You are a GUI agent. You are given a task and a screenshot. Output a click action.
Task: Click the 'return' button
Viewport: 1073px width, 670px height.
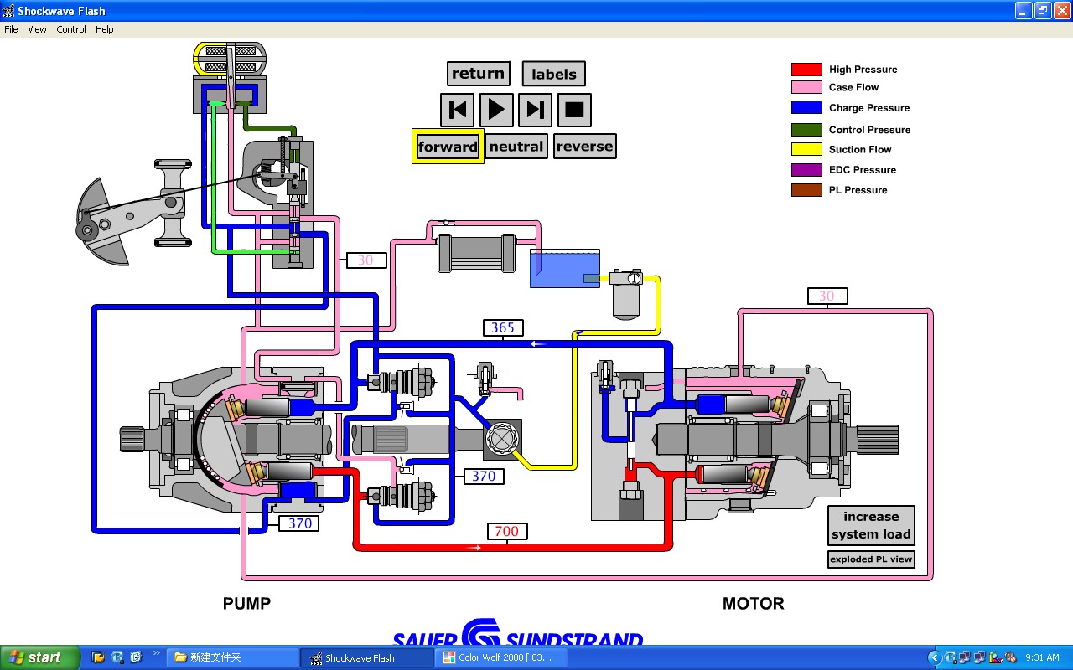tap(478, 74)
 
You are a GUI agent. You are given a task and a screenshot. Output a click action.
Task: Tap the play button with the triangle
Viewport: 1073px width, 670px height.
tap(496, 110)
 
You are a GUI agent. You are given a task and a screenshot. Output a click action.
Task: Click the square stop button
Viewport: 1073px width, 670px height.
tap(574, 110)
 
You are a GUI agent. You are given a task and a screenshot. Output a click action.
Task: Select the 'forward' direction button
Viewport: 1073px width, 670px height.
tap(448, 147)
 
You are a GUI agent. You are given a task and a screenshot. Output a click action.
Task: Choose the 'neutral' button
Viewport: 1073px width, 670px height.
tap(516, 147)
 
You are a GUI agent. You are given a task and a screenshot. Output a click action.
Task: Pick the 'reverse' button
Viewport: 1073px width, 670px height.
tap(584, 147)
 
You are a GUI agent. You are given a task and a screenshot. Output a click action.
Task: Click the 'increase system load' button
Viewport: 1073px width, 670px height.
tap(871, 526)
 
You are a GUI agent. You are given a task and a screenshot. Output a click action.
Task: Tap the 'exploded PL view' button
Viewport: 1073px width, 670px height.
tap(871, 559)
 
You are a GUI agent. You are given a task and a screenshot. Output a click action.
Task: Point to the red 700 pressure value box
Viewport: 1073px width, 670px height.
tap(506, 531)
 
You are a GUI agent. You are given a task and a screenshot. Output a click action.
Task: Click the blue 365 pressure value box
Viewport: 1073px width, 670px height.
tap(503, 327)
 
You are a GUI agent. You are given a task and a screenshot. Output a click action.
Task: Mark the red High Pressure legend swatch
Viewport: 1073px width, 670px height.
tap(806, 70)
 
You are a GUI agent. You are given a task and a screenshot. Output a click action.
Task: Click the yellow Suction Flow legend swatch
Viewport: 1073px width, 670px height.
tap(806, 150)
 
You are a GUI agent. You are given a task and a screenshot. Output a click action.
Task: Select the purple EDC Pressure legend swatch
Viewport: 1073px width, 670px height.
tap(806, 170)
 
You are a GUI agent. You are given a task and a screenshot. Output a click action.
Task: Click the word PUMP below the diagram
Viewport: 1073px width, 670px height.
tap(246, 604)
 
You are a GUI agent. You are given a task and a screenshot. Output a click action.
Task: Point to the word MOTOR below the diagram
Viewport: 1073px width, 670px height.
tap(753, 604)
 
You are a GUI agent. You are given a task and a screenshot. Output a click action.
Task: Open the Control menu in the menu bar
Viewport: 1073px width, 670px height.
tap(71, 29)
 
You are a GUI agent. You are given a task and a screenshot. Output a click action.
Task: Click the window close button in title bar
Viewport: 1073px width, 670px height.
tap(1060, 11)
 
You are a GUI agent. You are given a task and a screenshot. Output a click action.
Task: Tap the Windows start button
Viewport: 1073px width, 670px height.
tap(39, 657)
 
